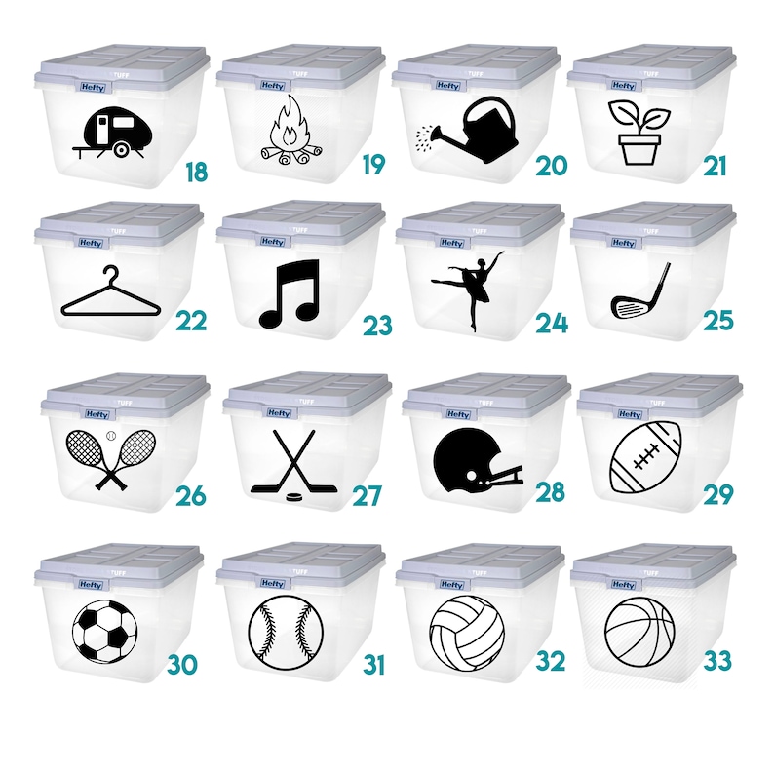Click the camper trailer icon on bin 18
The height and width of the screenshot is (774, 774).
click(x=110, y=133)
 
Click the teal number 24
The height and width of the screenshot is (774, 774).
click(x=551, y=323)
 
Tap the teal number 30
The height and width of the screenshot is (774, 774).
click(x=182, y=665)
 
